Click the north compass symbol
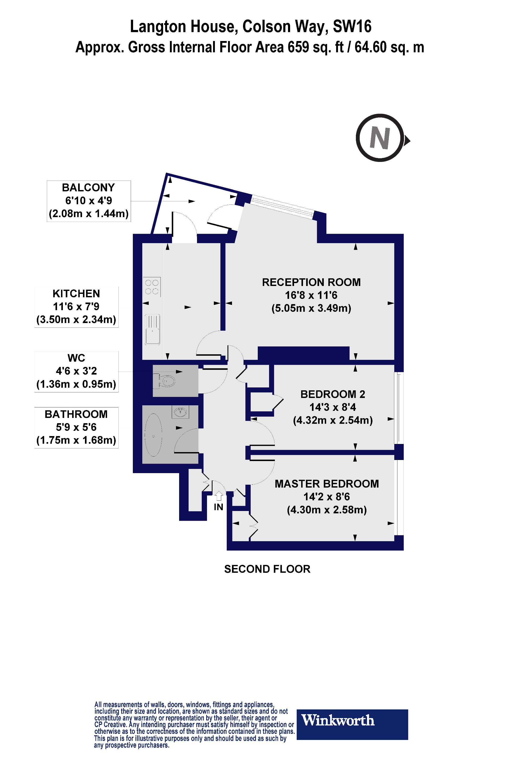tap(380, 138)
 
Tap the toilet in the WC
tap(166, 381)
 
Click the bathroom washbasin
tap(180, 412)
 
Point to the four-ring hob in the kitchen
tap(152, 287)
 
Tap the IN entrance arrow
tap(219, 496)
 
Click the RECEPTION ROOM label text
tap(311, 282)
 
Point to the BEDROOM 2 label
tap(333, 394)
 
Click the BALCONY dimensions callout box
tap(89, 201)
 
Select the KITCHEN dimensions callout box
tap(76, 307)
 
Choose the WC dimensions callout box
tap(76, 371)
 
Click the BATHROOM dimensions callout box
tap(76, 427)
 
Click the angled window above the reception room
tap(282, 207)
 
